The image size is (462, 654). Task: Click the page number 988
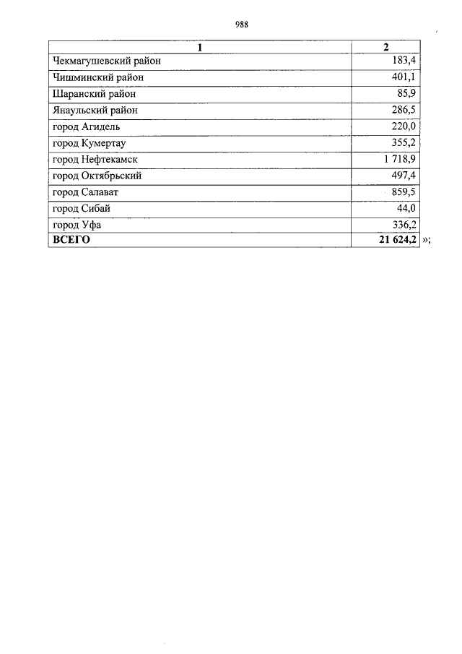[242, 25]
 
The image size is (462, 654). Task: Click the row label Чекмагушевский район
[106, 61]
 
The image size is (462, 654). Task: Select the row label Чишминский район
[98, 77]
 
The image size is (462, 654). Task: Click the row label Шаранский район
[95, 94]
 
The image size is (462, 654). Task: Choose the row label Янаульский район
[95, 111]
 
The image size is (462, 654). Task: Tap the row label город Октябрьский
[97, 176]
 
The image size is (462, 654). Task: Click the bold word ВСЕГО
[71, 241]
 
